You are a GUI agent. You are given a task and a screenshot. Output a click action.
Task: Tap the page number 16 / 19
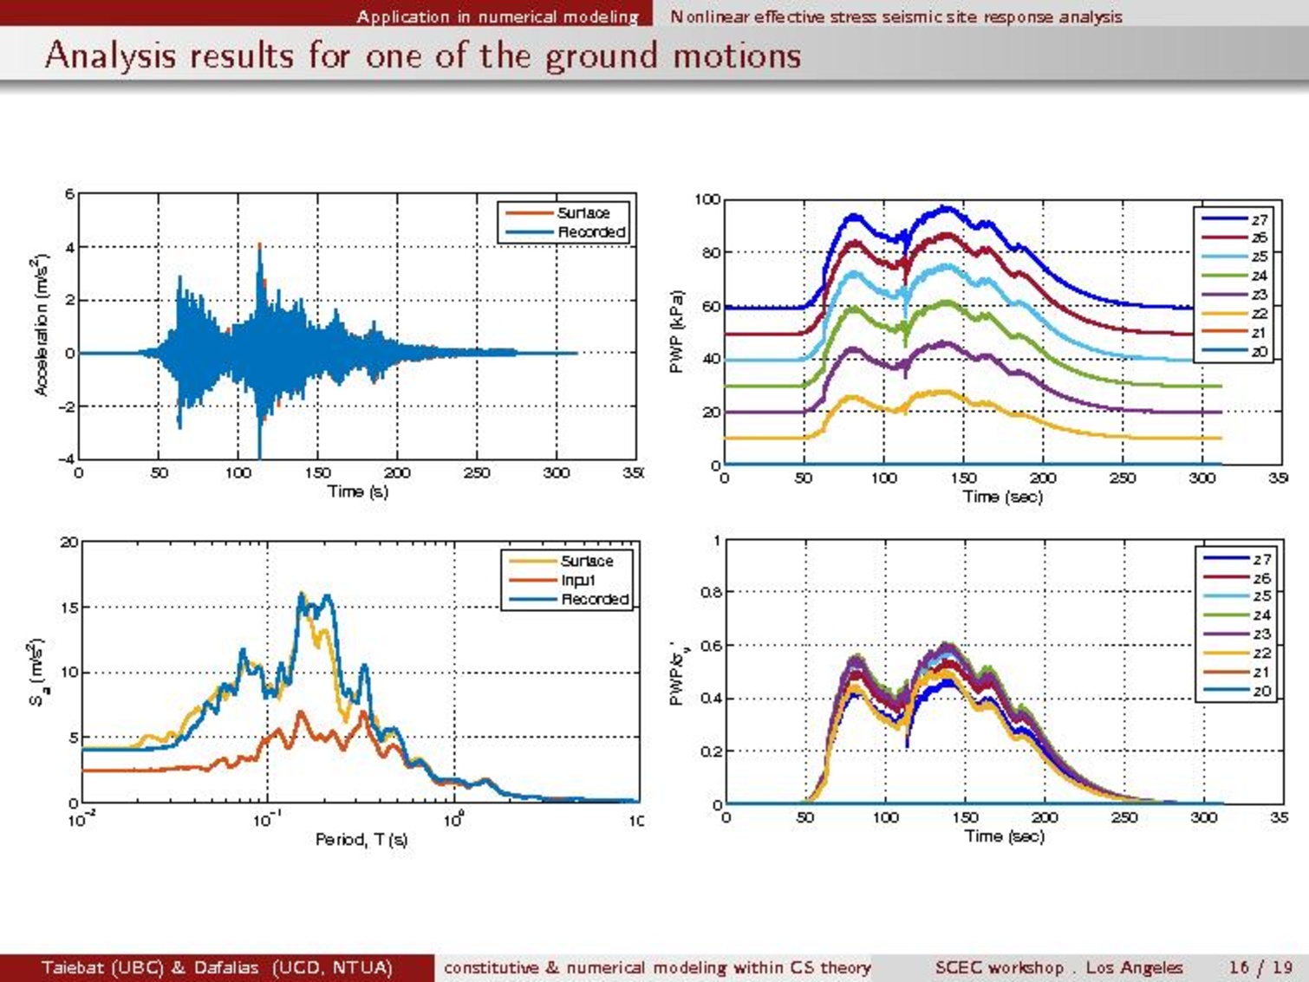click(x=1260, y=967)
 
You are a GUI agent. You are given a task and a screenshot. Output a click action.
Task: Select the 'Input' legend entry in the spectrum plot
click(x=578, y=581)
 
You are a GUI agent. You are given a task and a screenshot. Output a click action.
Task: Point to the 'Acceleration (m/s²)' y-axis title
click(x=40, y=326)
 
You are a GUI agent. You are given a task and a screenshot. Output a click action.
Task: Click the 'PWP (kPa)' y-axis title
click(x=677, y=331)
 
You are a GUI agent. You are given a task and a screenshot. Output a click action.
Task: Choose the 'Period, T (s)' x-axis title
click(x=361, y=839)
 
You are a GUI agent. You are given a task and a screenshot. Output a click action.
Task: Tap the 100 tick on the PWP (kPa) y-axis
click(x=707, y=199)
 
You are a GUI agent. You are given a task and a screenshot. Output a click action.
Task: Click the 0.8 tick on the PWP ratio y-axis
click(x=710, y=593)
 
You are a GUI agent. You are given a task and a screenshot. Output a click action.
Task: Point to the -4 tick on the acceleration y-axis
click(x=67, y=459)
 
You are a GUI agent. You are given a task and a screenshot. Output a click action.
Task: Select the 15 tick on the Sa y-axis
click(x=68, y=608)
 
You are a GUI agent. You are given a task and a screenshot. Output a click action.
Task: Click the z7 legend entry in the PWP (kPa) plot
click(x=1259, y=219)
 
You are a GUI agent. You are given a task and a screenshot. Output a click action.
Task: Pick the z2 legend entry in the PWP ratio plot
click(x=1261, y=654)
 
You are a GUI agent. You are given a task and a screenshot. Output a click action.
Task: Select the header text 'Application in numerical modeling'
click(x=497, y=16)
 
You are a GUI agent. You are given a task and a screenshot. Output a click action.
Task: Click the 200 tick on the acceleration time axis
click(x=397, y=473)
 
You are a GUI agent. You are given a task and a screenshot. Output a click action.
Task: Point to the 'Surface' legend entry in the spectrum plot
click(x=586, y=561)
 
